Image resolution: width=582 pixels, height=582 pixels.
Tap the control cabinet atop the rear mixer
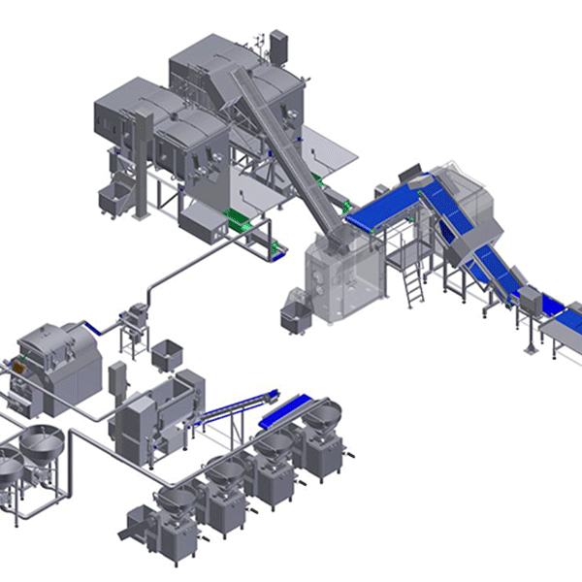point(280,45)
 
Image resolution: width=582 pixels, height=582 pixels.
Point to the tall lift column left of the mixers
point(144,160)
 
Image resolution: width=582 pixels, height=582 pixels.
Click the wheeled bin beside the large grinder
point(292,316)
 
